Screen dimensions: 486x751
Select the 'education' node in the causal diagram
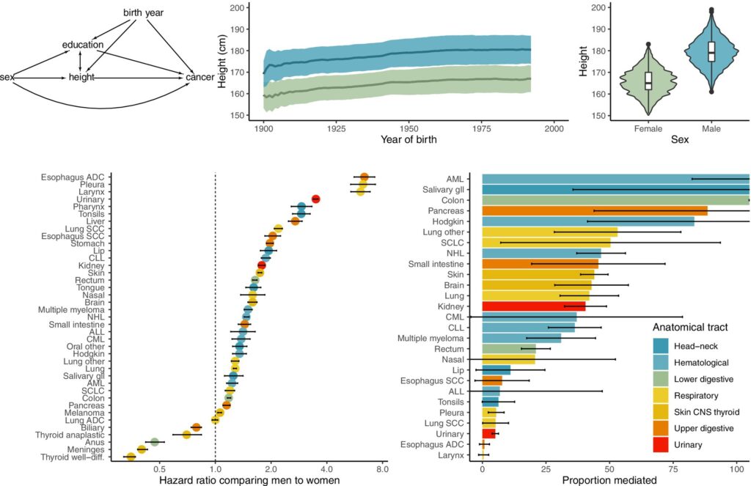coord(83,45)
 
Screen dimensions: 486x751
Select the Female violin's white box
coord(648,81)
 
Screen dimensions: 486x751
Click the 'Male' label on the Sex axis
coord(711,129)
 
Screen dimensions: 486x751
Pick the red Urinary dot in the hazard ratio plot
coord(315,199)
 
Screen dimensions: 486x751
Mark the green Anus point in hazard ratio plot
coord(154,442)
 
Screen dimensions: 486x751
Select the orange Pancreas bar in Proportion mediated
coord(594,210)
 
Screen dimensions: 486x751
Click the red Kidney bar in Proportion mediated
coord(534,306)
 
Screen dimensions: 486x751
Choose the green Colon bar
coord(615,199)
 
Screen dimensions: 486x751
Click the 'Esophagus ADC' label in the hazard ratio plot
coord(73,177)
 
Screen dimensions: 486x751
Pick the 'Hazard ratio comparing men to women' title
coord(249,480)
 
